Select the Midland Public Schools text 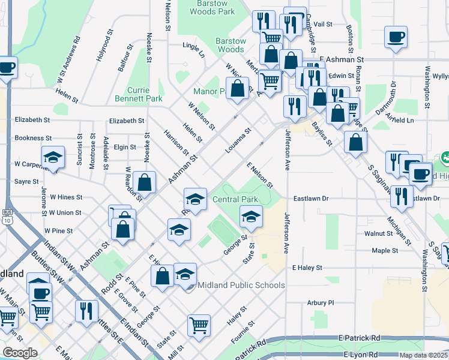(x=241, y=285)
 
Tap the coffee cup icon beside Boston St (x=396, y=37)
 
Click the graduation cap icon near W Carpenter (x=53, y=158)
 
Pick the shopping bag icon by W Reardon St (x=145, y=182)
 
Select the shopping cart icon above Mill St (x=199, y=326)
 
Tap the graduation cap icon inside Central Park (x=251, y=217)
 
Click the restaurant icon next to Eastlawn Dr (x=402, y=196)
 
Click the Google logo (x=20, y=353)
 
